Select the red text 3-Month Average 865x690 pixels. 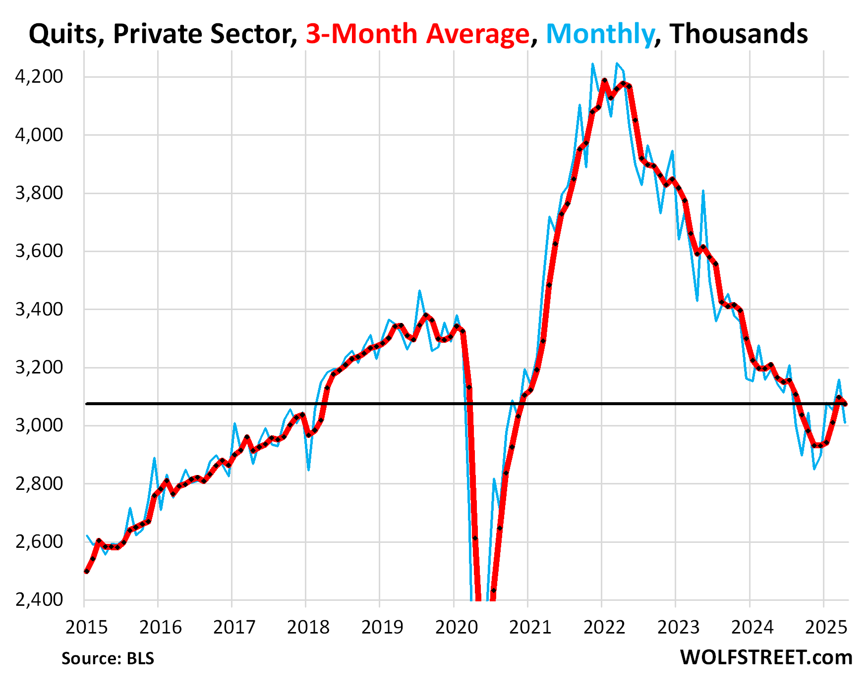point(417,34)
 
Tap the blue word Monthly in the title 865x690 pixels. point(600,34)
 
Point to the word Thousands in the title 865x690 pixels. point(739,34)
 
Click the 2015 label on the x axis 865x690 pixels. point(86,627)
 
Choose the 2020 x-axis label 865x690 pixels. point(456,627)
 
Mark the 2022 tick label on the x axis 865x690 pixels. point(604,627)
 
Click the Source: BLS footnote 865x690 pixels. point(108,658)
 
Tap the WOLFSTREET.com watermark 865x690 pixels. point(766,657)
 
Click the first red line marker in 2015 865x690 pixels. point(87,571)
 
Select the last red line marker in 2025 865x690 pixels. point(845,404)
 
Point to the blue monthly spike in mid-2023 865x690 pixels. point(703,191)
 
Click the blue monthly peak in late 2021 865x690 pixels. point(592,64)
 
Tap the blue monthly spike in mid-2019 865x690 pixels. point(419,291)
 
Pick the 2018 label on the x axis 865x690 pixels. point(308,627)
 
